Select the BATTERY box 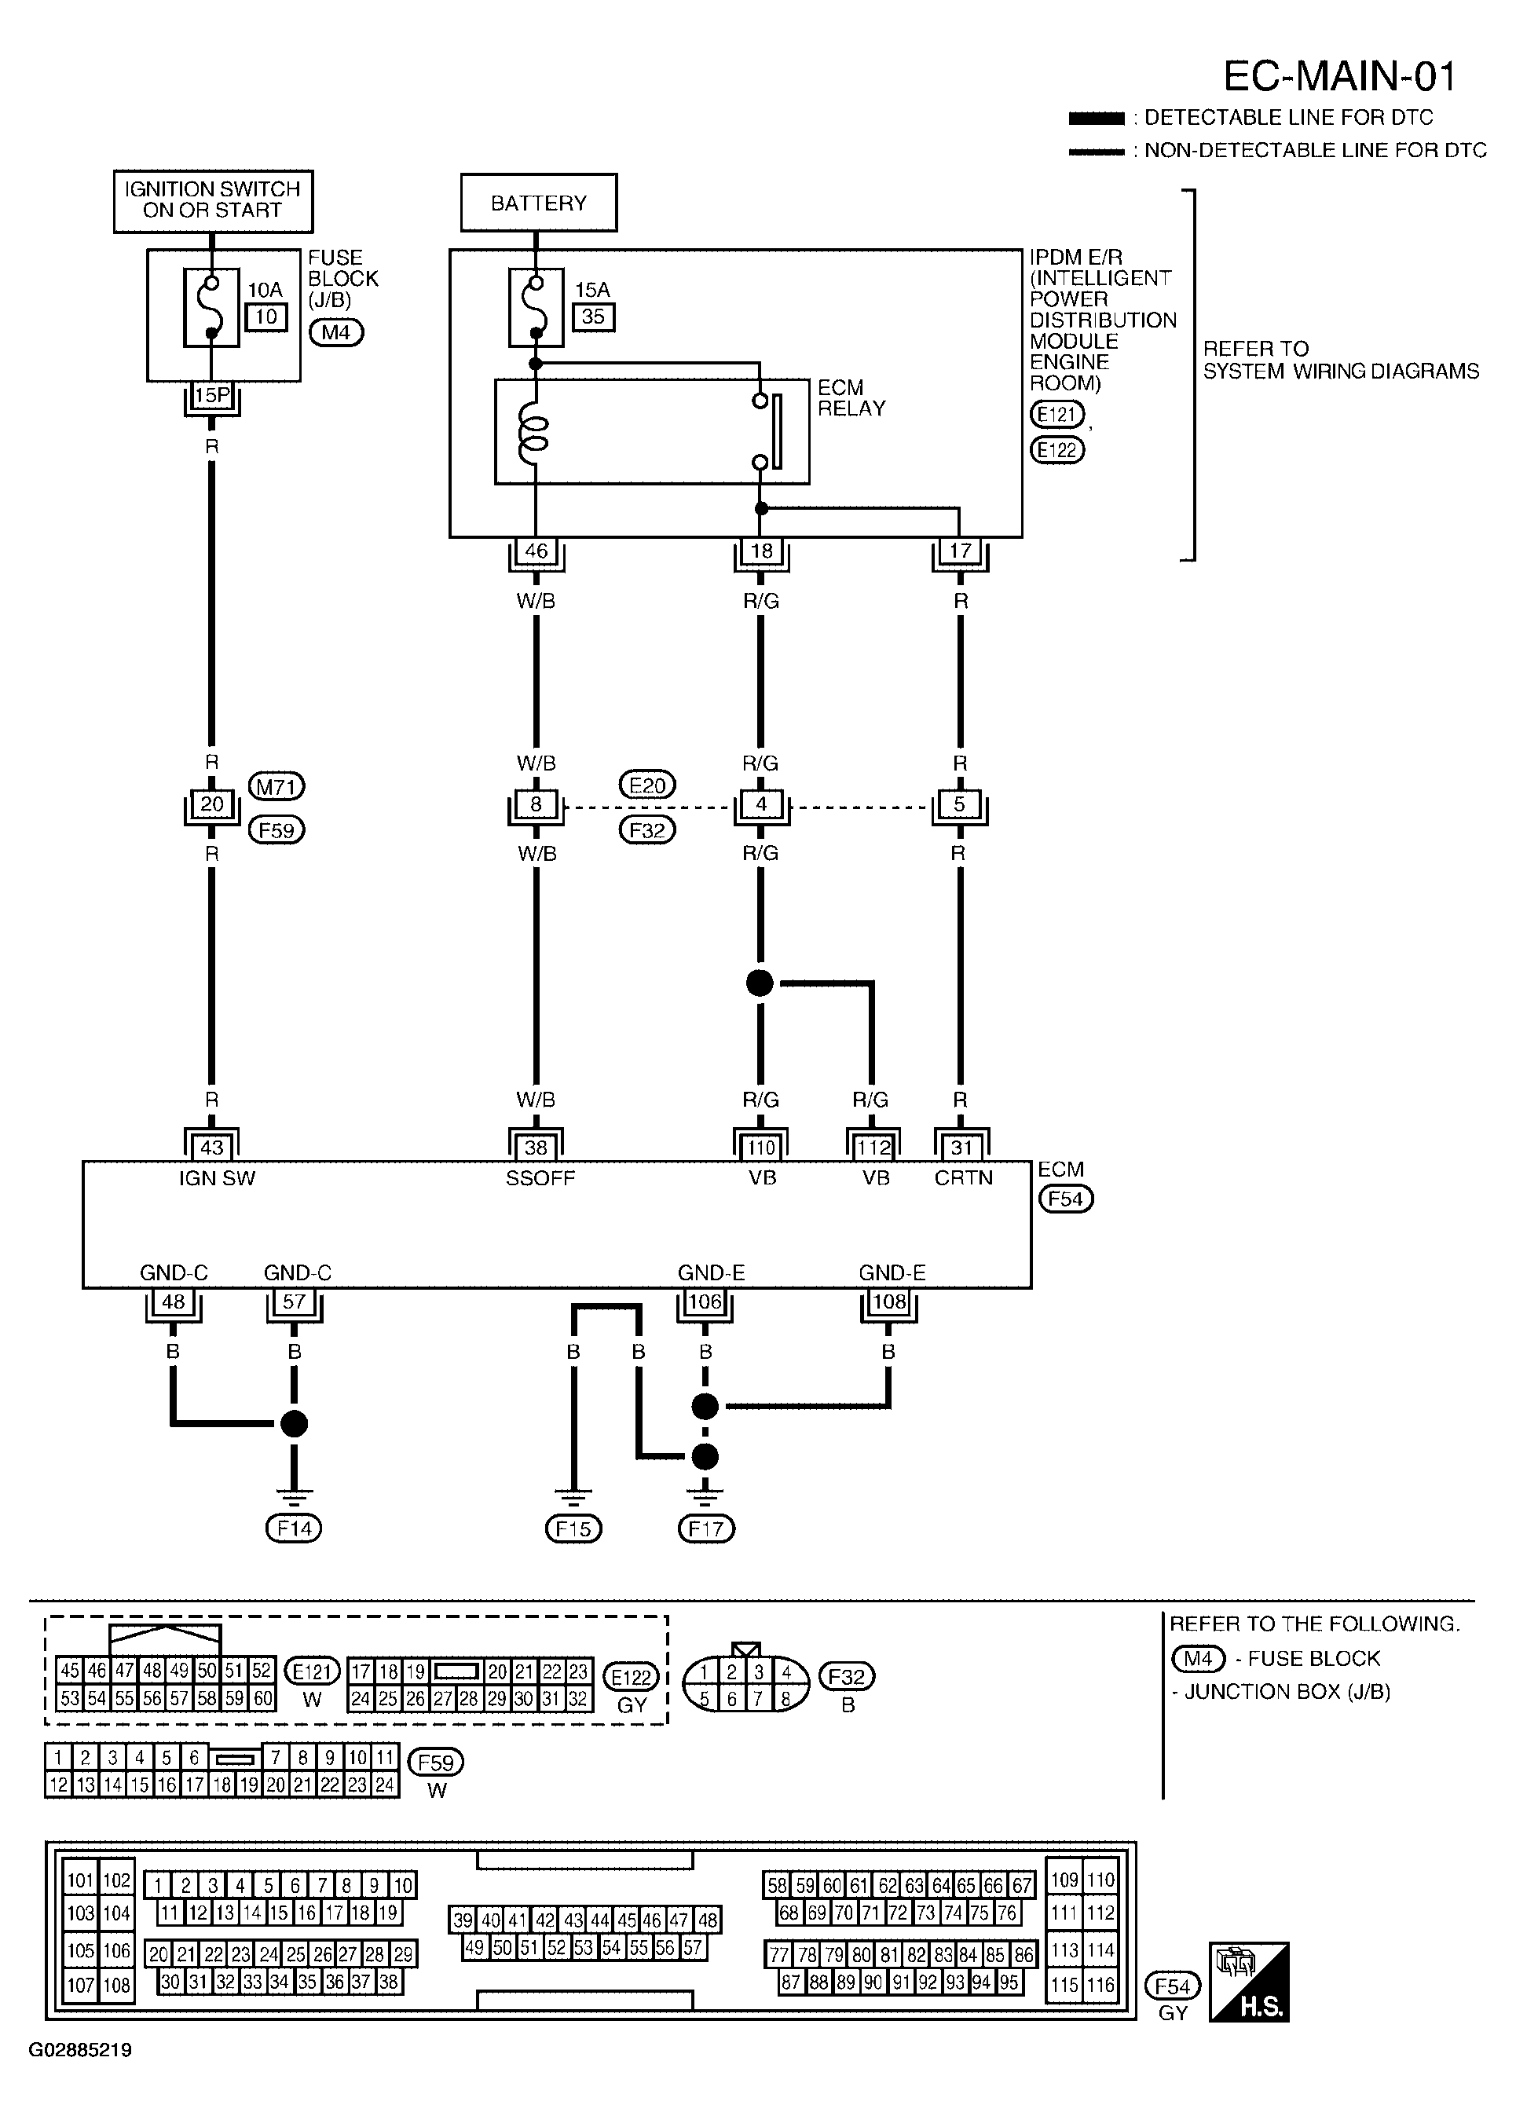(538, 203)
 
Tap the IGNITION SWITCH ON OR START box (213, 200)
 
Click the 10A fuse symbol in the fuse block (212, 307)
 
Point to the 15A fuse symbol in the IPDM (536, 307)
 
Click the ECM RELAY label (851, 397)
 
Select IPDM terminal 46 (536, 551)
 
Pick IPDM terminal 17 (960, 551)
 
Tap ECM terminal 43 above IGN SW (212, 1148)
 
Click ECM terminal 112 (873, 1148)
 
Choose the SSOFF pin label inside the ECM (540, 1178)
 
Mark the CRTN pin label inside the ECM (964, 1178)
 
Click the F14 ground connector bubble (294, 1528)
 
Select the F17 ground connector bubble (706, 1528)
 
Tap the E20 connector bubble (647, 785)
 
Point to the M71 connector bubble (276, 788)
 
